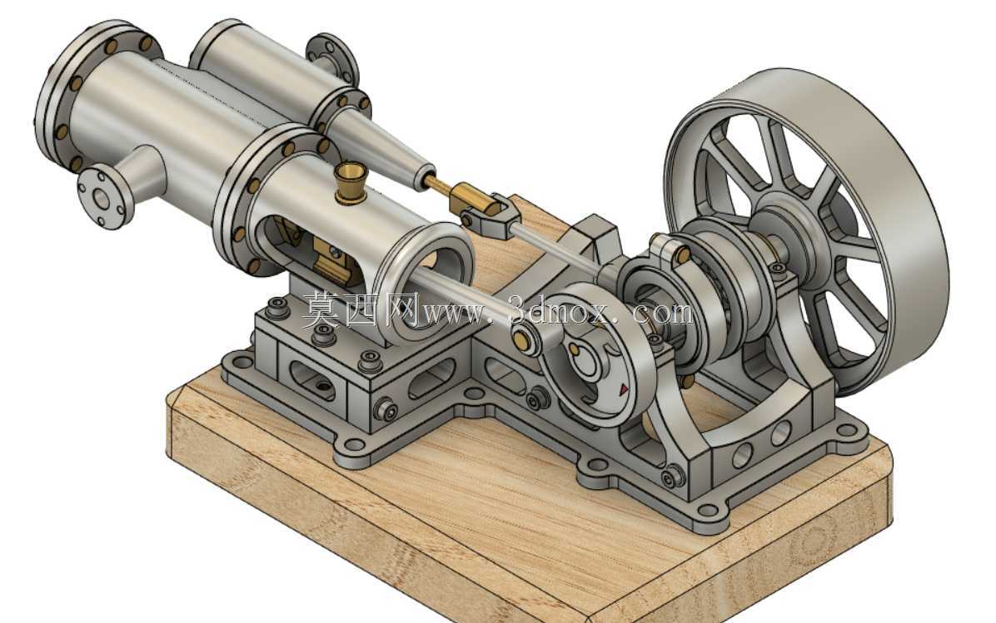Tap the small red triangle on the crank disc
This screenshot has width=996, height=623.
624,388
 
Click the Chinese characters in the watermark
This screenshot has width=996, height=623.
360,310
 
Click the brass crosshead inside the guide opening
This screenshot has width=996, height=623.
333,261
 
